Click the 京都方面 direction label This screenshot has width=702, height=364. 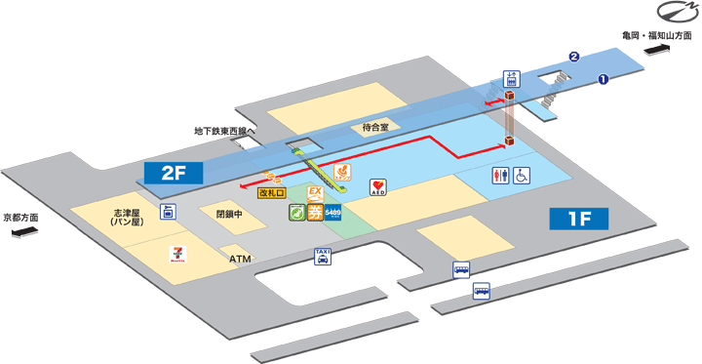click(x=20, y=218)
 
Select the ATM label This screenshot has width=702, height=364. click(x=240, y=260)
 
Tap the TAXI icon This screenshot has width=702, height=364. click(x=323, y=257)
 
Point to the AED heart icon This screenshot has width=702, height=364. click(x=379, y=185)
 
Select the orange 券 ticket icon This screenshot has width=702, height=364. click(x=316, y=213)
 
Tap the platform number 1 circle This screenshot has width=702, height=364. click(x=604, y=80)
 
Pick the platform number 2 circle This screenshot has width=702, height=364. click(x=574, y=56)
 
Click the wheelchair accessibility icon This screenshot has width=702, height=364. click(x=523, y=176)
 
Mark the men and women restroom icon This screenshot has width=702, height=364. click(x=499, y=176)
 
